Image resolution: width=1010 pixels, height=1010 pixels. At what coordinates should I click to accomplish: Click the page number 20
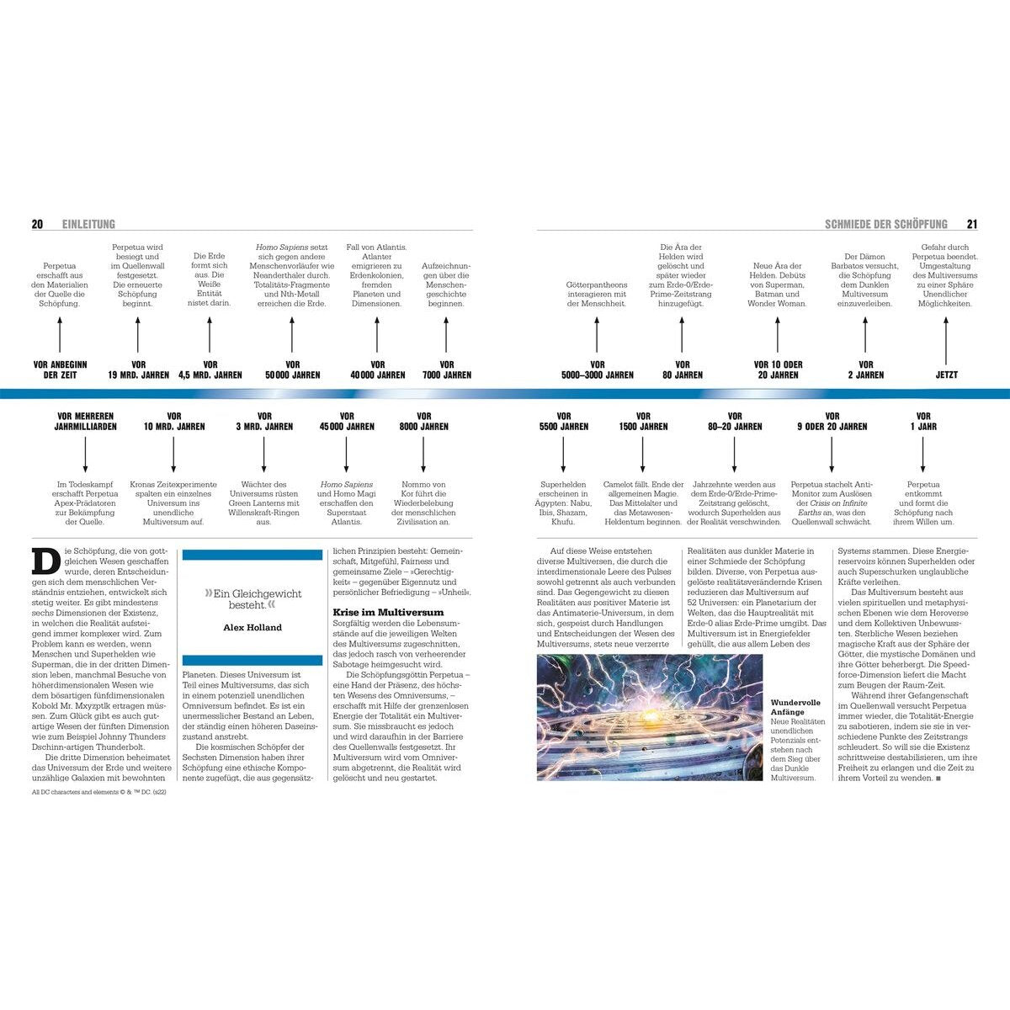tap(37, 224)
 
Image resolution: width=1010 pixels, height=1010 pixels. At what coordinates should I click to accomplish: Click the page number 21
tap(972, 224)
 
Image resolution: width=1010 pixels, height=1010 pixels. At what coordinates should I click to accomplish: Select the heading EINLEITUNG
tap(88, 224)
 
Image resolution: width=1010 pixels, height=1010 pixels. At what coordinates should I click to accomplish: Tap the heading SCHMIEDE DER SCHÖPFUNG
tap(886, 224)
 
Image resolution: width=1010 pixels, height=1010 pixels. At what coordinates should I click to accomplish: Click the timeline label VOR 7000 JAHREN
tap(447, 369)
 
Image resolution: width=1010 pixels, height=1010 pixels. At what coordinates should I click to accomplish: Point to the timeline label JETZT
tap(946, 375)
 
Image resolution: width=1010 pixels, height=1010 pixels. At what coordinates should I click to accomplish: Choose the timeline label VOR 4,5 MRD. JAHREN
tap(210, 369)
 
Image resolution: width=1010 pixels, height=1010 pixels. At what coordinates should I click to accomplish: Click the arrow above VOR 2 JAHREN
tap(866, 334)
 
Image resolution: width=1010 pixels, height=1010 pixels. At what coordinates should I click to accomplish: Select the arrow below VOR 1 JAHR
tap(923, 455)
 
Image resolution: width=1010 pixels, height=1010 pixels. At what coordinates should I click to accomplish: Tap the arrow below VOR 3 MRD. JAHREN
tap(264, 455)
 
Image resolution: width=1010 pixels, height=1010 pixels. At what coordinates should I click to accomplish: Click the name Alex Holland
tap(252, 627)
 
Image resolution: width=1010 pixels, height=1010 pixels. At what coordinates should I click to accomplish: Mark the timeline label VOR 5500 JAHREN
tap(564, 421)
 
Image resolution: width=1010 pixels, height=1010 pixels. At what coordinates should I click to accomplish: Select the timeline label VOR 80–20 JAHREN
tap(735, 421)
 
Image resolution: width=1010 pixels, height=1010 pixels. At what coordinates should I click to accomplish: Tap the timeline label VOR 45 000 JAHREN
tap(347, 421)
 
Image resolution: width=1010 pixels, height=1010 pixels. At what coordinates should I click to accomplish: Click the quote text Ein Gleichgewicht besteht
tap(252, 598)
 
